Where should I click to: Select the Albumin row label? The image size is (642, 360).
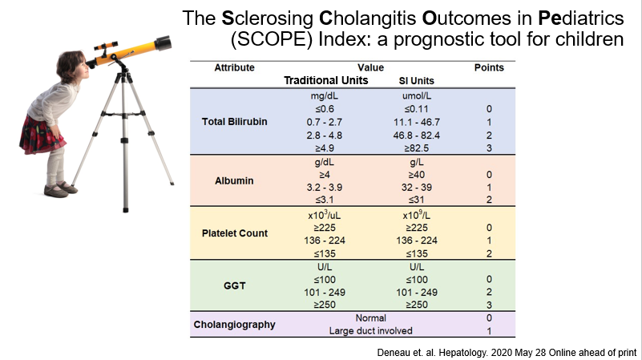pyautogui.click(x=233, y=181)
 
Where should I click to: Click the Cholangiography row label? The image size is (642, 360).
pyautogui.click(x=233, y=325)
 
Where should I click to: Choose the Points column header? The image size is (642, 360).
pyautogui.click(x=490, y=67)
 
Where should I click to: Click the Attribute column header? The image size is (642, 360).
pyautogui.click(x=233, y=67)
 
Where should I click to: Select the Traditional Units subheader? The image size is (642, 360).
pyautogui.click(x=326, y=81)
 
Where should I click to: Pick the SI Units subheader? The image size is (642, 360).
pyautogui.click(x=416, y=82)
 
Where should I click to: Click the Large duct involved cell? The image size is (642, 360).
pyautogui.click(x=370, y=331)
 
